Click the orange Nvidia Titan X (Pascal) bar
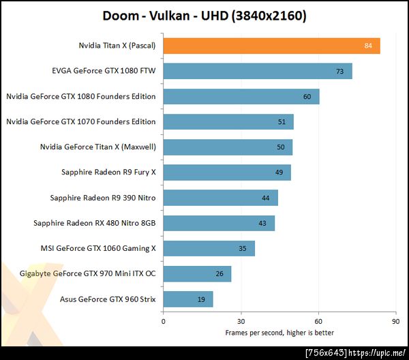click(x=271, y=46)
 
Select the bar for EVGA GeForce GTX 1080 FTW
click(x=258, y=71)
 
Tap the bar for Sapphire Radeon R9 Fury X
click(x=227, y=172)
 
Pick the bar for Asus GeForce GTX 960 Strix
click(x=188, y=299)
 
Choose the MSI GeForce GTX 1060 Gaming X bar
click(x=209, y=248)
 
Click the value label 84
click(x=368, y=46)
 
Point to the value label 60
click(x=307, y=97)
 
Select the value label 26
click(x=219, y=274)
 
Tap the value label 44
click(x=265, y=198)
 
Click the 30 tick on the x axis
click(x=241, y=321)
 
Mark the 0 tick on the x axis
click(x=164, y=321)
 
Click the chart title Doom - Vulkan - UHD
click(x=204, y=15)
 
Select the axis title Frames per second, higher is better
click(x=279, y=332)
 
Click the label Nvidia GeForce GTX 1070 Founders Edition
click(x=80, y=122)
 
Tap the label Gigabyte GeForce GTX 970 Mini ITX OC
click(x=78, y=274)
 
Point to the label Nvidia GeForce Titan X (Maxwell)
click(x=98, y=147)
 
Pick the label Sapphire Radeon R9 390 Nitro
click(x=103, y=198)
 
